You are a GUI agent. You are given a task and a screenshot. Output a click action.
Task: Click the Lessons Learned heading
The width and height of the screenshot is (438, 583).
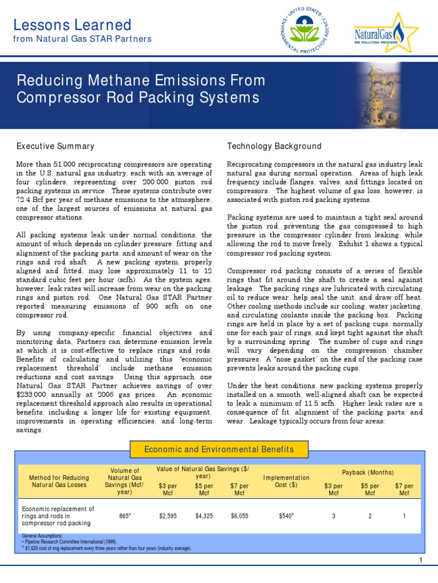[72, 25]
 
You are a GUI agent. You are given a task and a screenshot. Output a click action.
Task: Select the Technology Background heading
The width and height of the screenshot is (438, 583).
[274, 146]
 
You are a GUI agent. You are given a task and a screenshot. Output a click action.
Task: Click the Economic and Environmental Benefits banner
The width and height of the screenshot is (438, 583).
[219, 449]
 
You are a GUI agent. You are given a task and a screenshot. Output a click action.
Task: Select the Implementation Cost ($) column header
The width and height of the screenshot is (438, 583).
[286, 482]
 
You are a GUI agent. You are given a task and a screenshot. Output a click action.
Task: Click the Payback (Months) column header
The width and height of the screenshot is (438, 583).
[368, 473]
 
